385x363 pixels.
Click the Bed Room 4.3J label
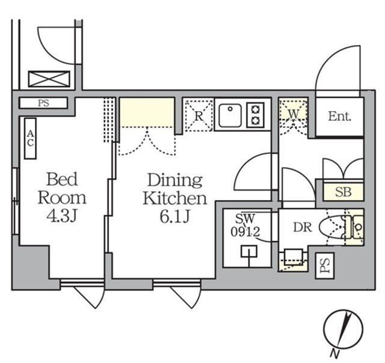(62, 197)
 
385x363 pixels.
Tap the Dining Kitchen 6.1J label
(174, 198)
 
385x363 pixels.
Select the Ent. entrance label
(339, 117)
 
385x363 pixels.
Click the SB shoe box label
(343, 192)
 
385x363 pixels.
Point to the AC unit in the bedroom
(30, 138)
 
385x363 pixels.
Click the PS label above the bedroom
(43, 103)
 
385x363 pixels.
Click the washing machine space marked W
(294, 112)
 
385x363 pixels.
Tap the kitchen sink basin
(230, 115)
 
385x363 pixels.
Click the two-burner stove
(256, 115)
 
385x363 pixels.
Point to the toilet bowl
(333, 228)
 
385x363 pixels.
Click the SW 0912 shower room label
(247, 224)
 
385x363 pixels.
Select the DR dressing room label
(302, 228)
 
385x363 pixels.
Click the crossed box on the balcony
(49, 79)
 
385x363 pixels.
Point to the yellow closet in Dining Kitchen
(147, 112)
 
